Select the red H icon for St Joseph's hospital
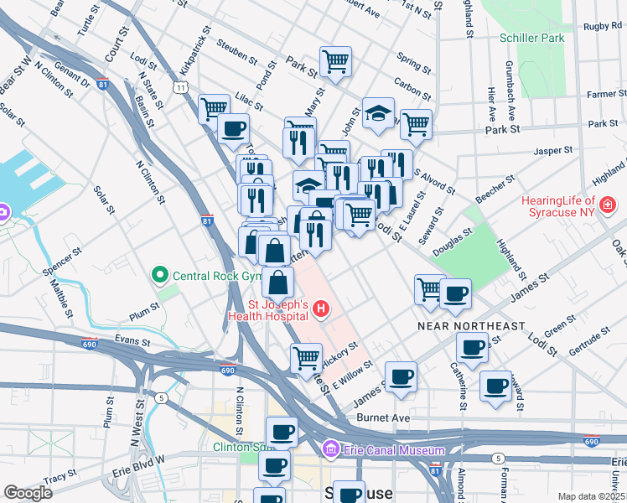[x=319, y=311]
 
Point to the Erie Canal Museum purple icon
[x=331, y=450]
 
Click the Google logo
[x=28, y=493]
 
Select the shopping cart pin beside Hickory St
[x=306, y=357]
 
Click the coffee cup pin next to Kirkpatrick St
[x=233, y=129]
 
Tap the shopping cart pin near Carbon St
[x=335, y=60]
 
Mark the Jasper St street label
[x=553, y=151]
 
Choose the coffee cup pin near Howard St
[x=496, y=386]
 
